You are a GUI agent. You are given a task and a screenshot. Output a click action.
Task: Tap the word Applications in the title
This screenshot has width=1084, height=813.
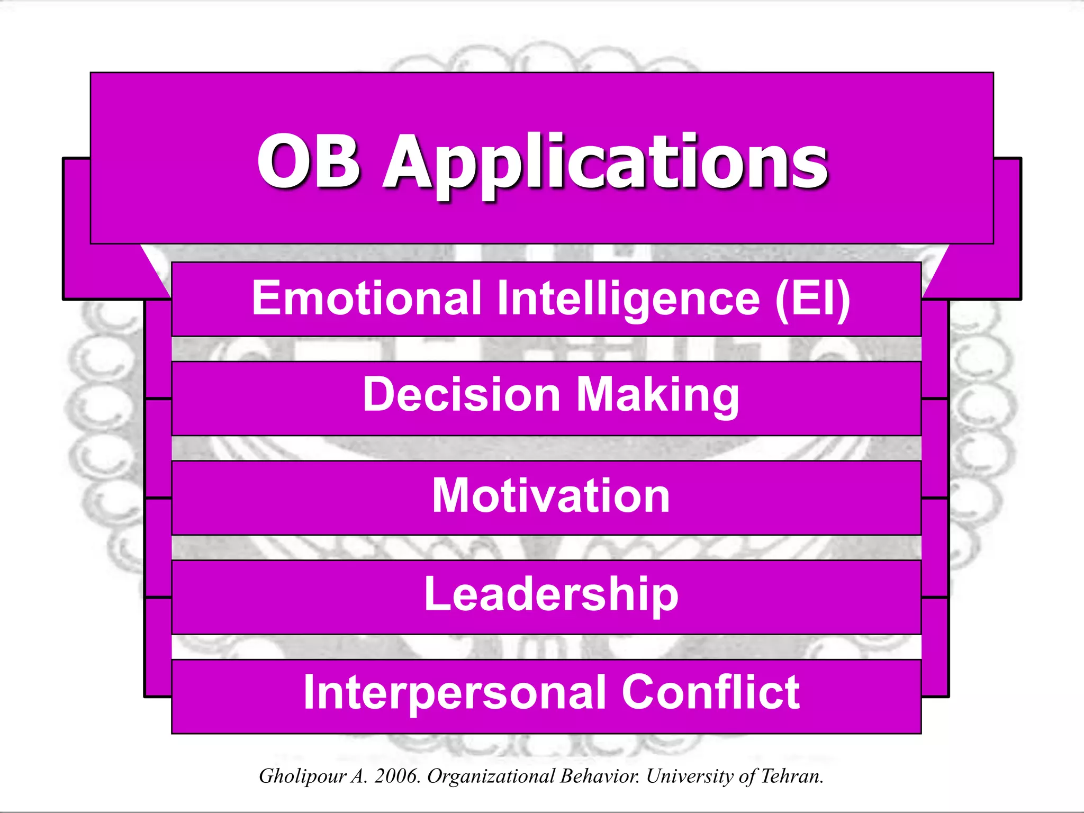(x=605, y=163)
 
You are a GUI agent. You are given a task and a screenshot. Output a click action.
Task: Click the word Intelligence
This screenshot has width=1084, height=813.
(x=628, y=300)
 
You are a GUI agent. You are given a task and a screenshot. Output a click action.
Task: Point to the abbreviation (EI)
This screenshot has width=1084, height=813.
(x=812, y=300)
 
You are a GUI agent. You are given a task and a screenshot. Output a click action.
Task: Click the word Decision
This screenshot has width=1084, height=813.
(x=461, y=395)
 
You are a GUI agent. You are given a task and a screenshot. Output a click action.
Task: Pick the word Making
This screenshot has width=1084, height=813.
(x=657, y=396)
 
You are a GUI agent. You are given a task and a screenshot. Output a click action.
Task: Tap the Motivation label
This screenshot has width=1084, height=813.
(x=550, y=495)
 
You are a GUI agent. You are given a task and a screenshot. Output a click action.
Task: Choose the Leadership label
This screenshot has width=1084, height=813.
(x=550, y=594)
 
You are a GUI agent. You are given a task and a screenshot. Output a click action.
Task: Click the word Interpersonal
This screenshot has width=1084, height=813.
(x=455, y=693)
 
